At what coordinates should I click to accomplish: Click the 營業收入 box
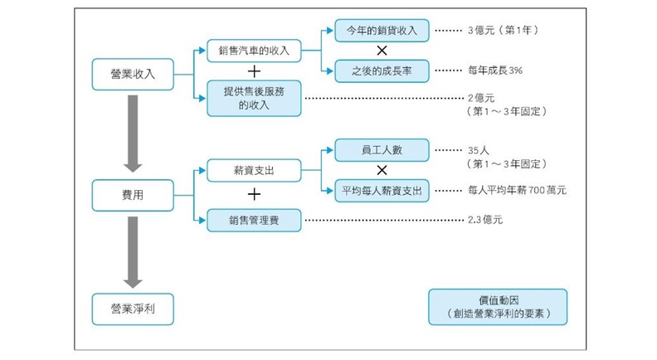pos(133,74)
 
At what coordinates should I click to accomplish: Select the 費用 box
pos(133,194)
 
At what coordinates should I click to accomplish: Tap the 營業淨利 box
pos(133,308)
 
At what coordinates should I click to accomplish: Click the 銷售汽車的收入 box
pos(254,51)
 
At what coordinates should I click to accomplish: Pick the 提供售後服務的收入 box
pos(254,98)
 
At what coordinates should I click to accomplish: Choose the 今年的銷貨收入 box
pos(382,31)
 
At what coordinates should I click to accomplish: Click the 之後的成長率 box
pos(382,72)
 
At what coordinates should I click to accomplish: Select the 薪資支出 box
pos(254,171)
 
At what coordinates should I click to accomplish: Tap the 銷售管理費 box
pos(254,220)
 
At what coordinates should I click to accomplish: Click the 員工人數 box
pos(382,150)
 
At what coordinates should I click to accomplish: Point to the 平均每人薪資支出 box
pos(382,191)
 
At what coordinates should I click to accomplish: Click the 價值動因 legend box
pos(498,306)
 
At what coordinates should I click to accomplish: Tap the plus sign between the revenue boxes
pos(254,73)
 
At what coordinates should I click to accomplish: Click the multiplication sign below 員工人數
pos(382,171)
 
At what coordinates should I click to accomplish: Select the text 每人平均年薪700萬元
pos(517,191)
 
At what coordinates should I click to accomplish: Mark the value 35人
pos(480,151)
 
